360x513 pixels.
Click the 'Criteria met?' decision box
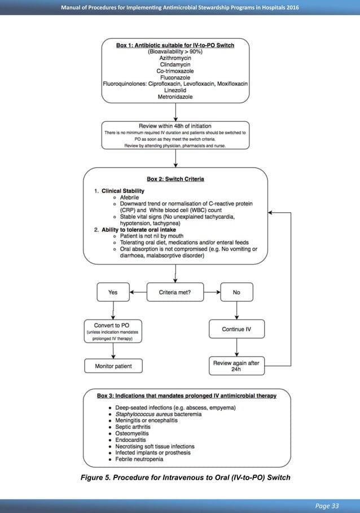(175, 292)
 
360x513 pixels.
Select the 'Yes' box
(113, 292)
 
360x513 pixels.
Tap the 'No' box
(236, 292)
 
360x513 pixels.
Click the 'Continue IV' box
(236, 329)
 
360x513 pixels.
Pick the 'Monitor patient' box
(113, 366)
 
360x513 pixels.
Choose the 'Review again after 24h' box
(236, 366)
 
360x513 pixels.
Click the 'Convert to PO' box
(113, 331)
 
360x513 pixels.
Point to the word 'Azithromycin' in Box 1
(175, 58)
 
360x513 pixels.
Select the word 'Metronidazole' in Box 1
(175, 97)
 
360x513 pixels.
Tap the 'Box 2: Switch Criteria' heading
(175, 179)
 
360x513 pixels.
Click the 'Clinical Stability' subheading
(123, 191)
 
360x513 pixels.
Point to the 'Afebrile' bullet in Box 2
(131, 198)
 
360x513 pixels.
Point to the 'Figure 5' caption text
(186, 477)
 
